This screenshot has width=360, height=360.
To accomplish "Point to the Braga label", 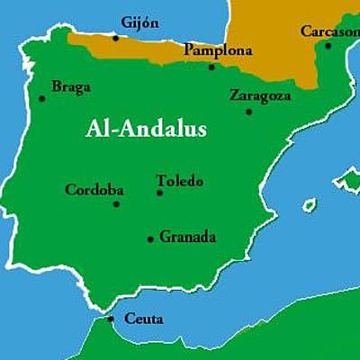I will pos(71,87).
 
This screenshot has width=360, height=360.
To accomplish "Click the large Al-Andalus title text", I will pos(146,129).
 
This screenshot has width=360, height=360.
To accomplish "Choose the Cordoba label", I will pos(94,190).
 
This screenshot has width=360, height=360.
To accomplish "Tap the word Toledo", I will pos(180,180).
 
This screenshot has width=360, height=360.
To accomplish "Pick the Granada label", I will pos(188,238).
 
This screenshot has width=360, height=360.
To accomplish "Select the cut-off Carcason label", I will pos(329,31).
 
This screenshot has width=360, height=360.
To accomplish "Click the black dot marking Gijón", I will pos(115,38).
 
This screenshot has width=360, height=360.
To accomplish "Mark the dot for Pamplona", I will pos(211,66).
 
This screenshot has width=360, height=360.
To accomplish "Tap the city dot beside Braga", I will pos(42,99).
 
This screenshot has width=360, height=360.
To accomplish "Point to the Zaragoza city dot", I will pos(248,111).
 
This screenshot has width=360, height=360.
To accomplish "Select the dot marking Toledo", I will pos(160,192).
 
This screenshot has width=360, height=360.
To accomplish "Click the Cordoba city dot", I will pos(116,203).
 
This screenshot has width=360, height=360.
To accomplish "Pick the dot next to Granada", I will pos(150,238).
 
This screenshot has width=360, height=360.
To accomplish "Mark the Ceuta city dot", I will pos(111,318).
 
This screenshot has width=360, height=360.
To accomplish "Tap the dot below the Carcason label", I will pos(328,45).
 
